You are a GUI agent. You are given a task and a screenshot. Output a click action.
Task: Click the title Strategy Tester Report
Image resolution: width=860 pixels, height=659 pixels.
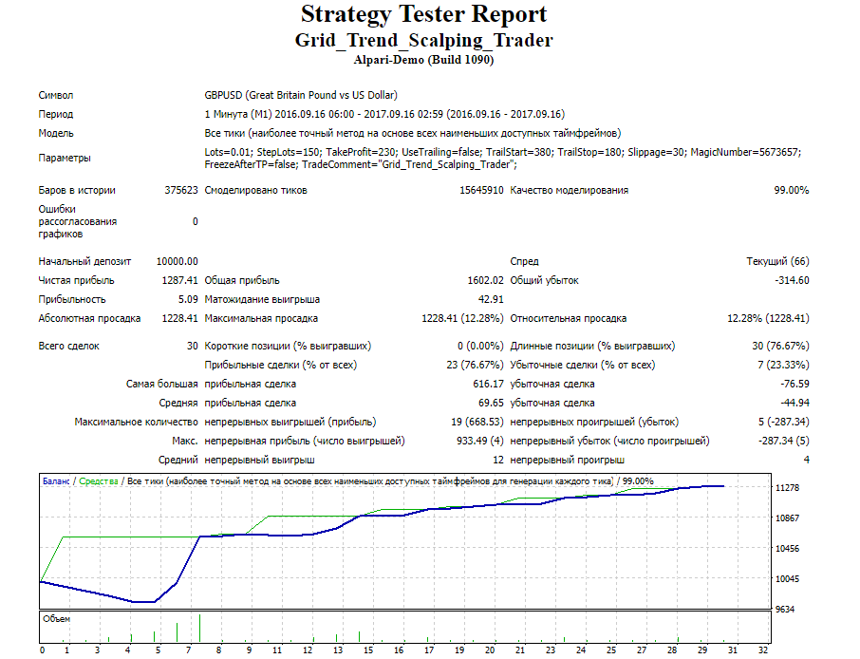423,15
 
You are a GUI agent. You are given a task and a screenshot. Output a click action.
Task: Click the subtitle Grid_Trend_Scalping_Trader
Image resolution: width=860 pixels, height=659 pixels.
423,40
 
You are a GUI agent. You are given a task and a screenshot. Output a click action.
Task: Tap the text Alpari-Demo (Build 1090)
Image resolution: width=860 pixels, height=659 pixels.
423,60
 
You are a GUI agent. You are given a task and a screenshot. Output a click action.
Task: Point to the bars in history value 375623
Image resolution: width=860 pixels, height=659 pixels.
180,190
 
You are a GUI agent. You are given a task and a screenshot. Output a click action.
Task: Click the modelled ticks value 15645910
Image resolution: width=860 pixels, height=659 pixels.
480,190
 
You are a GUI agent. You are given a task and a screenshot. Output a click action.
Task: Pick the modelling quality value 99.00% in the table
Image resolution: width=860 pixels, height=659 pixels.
792,190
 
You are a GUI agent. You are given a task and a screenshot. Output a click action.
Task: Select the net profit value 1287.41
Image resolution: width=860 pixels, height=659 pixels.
179,280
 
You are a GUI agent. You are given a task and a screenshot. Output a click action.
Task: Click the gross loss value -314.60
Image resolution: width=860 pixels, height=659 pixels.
790,280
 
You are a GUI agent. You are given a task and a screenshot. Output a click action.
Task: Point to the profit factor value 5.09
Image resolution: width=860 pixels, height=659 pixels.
188,299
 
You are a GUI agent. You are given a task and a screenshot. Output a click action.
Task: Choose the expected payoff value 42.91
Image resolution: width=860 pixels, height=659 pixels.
491,299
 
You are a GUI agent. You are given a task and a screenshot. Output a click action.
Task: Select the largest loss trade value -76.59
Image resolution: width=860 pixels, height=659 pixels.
793,384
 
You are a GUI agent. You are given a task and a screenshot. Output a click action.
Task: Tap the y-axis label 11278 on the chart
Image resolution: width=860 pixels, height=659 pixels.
788,488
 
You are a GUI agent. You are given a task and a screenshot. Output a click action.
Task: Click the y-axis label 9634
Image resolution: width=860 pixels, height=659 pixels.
784,610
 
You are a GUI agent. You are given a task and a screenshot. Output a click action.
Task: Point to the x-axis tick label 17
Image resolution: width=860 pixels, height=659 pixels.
429,650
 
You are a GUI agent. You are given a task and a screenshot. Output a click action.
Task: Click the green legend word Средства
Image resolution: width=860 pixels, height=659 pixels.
99,481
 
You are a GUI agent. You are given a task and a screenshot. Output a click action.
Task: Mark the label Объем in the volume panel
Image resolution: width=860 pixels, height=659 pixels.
57,618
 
